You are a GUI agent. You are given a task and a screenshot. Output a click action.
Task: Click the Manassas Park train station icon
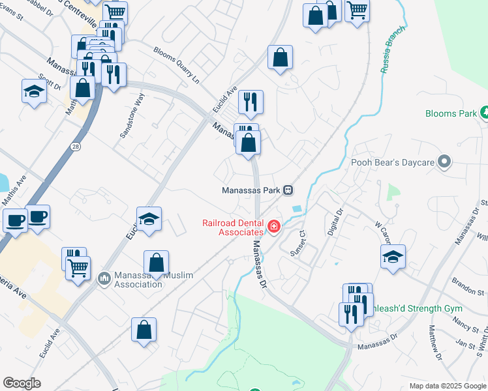[x=287, y=190]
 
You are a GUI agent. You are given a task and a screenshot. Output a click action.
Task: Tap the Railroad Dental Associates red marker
[x=274, y=227]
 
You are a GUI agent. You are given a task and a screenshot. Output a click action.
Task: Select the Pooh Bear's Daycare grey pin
[x=445, y=161]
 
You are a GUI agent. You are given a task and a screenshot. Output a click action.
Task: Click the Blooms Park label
[x=451, y=113]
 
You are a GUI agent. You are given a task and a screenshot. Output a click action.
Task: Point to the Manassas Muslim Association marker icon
[x=104, y=279]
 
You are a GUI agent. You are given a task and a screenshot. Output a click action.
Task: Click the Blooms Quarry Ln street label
[x=176, y=65]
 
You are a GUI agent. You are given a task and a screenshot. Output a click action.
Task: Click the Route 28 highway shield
[x=77, y=149]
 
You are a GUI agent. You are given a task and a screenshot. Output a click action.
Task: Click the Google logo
[x=22, y=383]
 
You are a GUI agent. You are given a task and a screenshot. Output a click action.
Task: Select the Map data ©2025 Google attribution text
[x=447, y=386]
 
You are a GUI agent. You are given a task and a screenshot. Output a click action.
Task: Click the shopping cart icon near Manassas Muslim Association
[x=78, y=267]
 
